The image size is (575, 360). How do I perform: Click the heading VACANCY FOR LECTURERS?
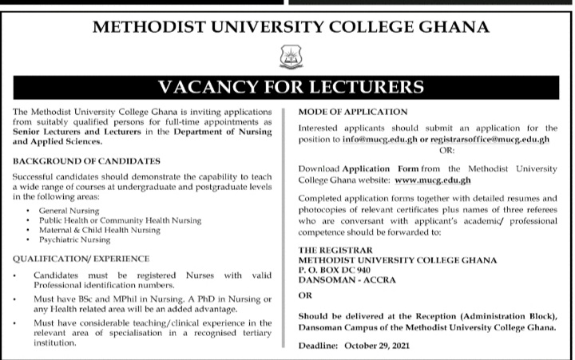point(287,84)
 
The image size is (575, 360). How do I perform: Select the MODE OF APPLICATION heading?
point(352,111)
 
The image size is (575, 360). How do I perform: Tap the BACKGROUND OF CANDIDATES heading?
point(76,160)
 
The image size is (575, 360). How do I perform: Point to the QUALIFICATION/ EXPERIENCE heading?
point(81,259)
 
